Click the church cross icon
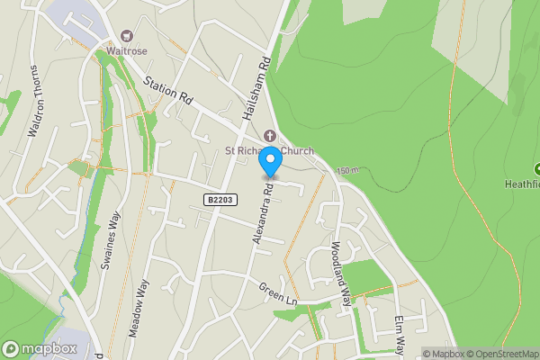(x=269, y=136)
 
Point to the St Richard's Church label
(x=269, y=150)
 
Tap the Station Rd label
(x=168, y=94)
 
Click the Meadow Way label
(x=137, y=307)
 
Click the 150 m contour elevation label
(x=346, y=171)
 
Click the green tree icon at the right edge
(x=537, y=168)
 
